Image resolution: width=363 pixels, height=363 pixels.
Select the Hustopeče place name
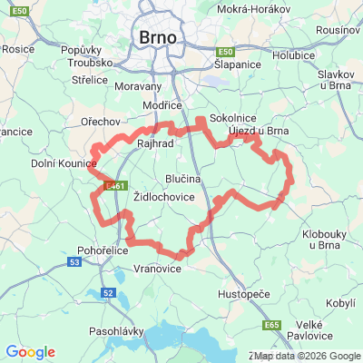tap(243, 296)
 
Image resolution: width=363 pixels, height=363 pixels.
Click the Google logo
tap(30, 352)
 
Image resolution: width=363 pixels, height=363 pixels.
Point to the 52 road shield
tap(108, 293)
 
